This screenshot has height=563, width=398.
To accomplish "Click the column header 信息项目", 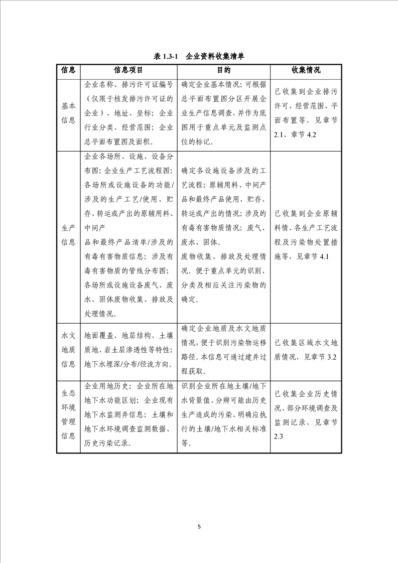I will pos(128,70).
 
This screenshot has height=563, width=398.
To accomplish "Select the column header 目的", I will pos(223,70).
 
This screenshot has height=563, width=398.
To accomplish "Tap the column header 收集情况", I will pos(306,70).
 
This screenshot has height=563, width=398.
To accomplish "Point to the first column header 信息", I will pos(68,70).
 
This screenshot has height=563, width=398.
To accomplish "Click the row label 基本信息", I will pos(68,113).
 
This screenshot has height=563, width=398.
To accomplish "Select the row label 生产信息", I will pos(68,235).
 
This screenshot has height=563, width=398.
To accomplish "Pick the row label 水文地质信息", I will pos(68,350).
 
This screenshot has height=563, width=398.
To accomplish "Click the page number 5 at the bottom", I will pos(199,527).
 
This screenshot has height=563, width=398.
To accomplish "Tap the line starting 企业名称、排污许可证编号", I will pos(129,85).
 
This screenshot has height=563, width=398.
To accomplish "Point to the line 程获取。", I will pos(193,372).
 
